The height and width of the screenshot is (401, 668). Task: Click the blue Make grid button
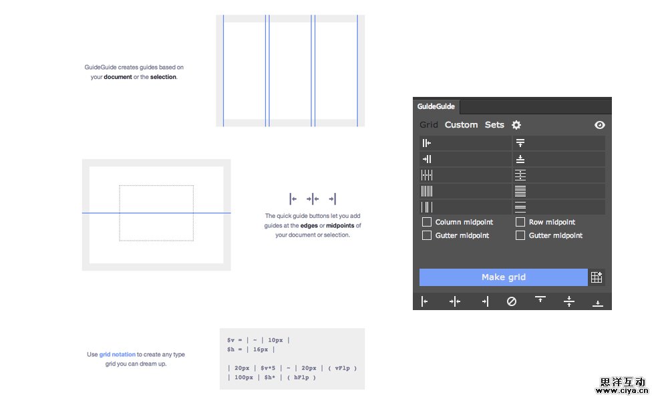point(503,277)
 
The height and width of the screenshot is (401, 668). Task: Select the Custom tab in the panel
point(461,125)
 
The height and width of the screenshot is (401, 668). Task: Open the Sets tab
point(494,125)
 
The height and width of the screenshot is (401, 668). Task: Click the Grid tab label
point(429,125)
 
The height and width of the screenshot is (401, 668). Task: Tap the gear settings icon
point(516,125)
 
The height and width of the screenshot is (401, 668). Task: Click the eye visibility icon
point(599,125)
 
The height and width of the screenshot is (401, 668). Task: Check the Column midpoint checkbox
point(426,222)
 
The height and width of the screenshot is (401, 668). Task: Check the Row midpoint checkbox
point(520,222)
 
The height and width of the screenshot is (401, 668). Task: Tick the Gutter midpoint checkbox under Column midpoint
point(426,235)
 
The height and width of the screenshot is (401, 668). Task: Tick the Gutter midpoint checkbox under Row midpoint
point(520,235)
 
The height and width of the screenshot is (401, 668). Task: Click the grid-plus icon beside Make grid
point(597,277)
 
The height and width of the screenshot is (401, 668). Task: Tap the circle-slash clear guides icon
point(512,301)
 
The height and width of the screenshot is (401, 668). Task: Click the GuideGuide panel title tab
point(436,106)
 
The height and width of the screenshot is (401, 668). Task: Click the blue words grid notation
point(117,354)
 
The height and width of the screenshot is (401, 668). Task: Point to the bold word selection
point(163,77)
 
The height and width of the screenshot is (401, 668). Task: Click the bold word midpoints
point(340,225)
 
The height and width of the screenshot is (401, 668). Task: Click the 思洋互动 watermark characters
point(623,382)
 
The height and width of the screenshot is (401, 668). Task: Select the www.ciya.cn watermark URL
point(622,391)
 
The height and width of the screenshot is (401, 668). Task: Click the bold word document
point(118,77)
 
